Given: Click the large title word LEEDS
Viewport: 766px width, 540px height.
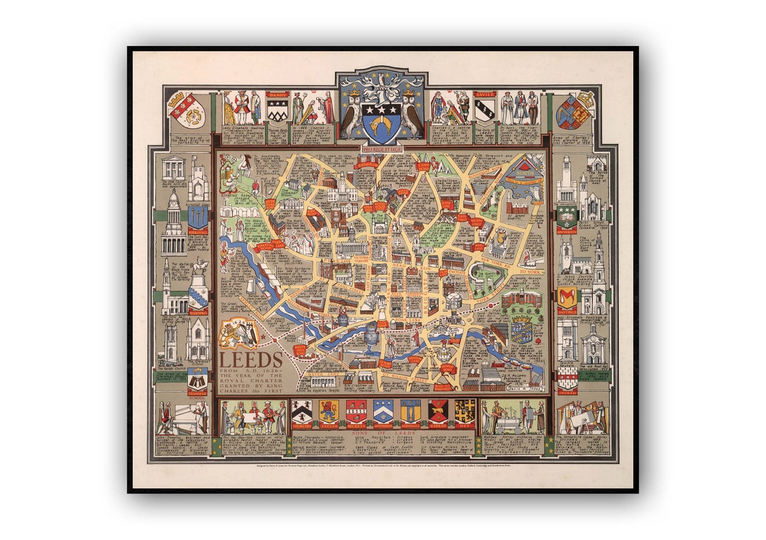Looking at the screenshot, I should click(x=250, y=359).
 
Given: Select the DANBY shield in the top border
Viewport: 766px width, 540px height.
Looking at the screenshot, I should click(x=277, y=108).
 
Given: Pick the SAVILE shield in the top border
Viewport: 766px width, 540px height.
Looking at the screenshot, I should click(x=484, y=108).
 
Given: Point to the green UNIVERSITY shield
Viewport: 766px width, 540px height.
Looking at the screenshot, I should click(x=567, y=216).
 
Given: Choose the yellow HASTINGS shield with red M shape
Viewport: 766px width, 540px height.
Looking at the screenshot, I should click(x=567, y=297).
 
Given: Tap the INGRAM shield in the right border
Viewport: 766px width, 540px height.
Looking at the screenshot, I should click(x=567, y=378).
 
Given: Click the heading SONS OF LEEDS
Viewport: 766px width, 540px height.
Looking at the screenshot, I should click(x=382, y=432).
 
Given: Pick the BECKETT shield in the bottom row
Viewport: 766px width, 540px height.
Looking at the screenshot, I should click(x=356, y=412).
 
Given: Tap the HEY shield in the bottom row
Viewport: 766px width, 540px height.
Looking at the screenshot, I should click(x=465, y=412).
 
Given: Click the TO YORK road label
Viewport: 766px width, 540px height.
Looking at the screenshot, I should click(x=528, y=272).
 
